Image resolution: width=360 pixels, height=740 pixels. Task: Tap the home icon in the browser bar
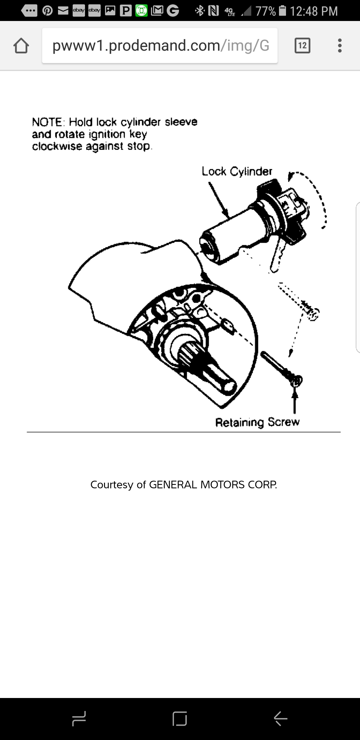point(21,46)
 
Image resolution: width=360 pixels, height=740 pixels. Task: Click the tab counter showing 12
point(302,46)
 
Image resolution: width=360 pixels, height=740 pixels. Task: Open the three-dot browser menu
point(340,46)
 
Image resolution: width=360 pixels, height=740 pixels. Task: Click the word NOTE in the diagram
point(47,122)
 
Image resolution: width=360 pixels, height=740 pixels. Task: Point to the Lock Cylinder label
point(237,172)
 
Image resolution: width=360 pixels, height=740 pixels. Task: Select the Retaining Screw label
point(257,422)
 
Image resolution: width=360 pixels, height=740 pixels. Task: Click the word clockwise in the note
point(57,146)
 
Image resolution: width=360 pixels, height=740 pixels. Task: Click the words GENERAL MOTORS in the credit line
point(197,485)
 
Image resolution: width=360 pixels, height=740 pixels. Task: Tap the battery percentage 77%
point(265,11)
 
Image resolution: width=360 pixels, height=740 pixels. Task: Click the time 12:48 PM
point(313,11)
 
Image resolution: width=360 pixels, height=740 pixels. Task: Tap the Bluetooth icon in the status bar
point(200,11)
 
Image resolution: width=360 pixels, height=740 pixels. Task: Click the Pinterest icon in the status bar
point(47,11)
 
